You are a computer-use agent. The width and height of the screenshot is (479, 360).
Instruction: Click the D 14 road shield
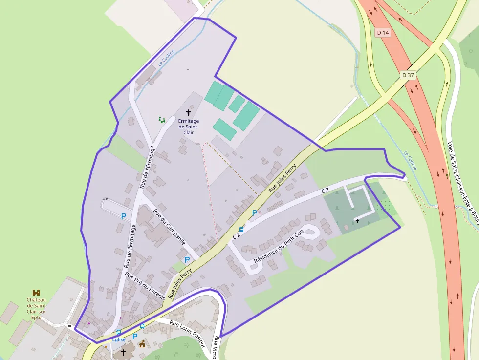point(383,33)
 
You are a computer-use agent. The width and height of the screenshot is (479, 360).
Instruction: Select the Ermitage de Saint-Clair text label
point(189,126)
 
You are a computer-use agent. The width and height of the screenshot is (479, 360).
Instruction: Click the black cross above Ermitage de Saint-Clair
point(189,113)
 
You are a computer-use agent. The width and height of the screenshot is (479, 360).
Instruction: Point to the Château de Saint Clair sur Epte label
point(36,308)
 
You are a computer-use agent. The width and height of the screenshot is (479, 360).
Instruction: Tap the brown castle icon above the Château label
point(36,292)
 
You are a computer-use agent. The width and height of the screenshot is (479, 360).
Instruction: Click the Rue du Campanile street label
point(169,227)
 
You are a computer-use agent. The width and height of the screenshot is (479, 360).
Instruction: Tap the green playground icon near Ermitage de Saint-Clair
point(162,119)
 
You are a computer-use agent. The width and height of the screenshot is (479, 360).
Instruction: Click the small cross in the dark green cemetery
point(357,221)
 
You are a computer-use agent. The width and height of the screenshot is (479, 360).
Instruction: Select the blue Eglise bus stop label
point(119,339)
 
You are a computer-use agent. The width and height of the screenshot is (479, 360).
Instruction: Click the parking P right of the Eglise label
point(135,336)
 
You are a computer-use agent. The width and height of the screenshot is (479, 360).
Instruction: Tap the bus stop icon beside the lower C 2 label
point(241,229)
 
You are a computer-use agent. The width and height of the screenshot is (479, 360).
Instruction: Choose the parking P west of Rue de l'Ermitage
point(124,215)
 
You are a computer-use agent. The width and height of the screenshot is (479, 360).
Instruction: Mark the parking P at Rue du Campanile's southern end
point(187,260)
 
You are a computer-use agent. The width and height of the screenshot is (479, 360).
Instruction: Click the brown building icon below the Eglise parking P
point(142,344)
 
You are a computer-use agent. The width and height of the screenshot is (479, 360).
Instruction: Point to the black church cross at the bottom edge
point(124,352)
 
